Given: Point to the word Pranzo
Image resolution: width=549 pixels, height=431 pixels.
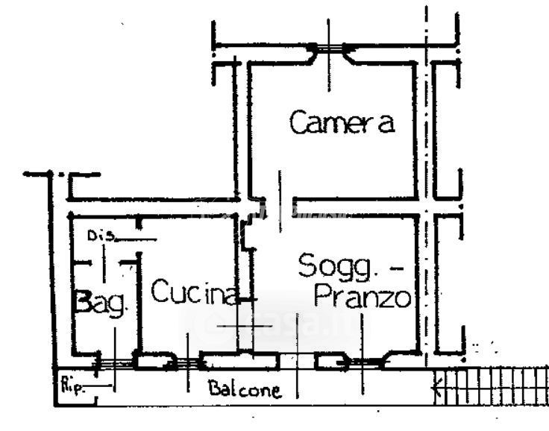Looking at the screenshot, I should click(x=363, y=298).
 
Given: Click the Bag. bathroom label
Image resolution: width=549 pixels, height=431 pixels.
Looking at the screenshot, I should click(x=104, y=305).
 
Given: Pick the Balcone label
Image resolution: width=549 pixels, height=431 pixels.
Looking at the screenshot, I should click(x=245, y=389).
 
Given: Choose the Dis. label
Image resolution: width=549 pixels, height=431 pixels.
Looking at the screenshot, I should click(x=101, y=236).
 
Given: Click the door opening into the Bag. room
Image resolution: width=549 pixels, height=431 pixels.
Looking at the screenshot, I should click(x=104, y=262).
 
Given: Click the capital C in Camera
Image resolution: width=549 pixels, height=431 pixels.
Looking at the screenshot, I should click(x=298, y=122).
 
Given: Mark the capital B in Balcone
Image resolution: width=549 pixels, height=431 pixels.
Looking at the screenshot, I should click(x=214, y=389).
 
